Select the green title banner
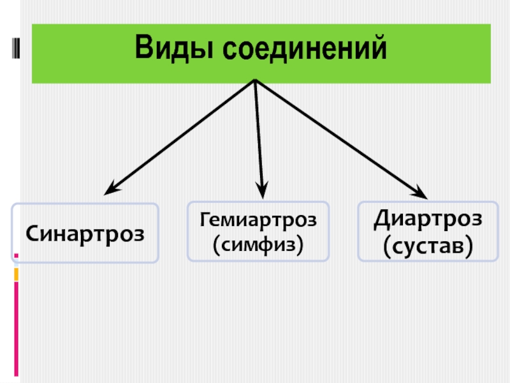(261, 54)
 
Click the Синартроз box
(85, 233)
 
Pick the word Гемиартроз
(258, 220)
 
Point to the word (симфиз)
(258, 243)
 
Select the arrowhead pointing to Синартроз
(112, 188)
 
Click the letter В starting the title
(143, 49)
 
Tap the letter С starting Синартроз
(32, 234)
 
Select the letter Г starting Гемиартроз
(205, 221)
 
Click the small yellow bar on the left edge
(16, 274)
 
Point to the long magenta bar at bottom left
(16, 329)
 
